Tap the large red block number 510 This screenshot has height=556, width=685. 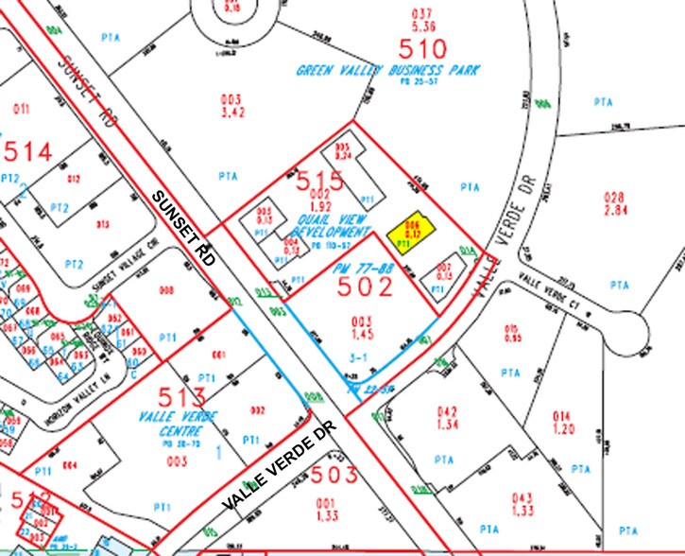(x=421, y=48)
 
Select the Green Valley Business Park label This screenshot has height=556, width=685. (x=388, y=71)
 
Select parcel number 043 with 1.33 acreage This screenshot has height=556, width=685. (x=522, y=505)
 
